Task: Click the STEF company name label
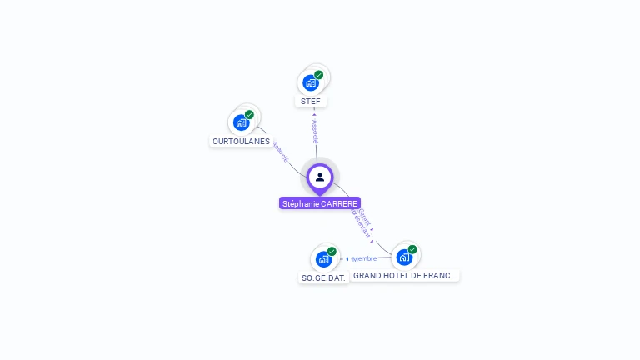[311, 101]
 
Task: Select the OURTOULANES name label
[241, 142]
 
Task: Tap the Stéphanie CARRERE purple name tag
[320, 203]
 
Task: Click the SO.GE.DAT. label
[323, 277]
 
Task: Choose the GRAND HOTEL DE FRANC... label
[405, 275]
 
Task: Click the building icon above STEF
[311, 82]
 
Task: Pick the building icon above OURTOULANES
[242, 122]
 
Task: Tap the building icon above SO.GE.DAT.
[323, 259]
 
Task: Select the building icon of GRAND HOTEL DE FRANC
[404, 257]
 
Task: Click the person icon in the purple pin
[320, 177]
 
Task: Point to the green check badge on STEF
[319, 75]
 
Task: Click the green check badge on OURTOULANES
[249, 115]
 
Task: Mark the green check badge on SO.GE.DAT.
[332, 252]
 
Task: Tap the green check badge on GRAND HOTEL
[412, 249]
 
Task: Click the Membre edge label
[365, 258]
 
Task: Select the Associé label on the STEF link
[315, 131]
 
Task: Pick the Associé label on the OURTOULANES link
[280, 152]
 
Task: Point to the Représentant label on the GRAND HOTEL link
[358, 223]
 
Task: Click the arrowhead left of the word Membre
[347, 259]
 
